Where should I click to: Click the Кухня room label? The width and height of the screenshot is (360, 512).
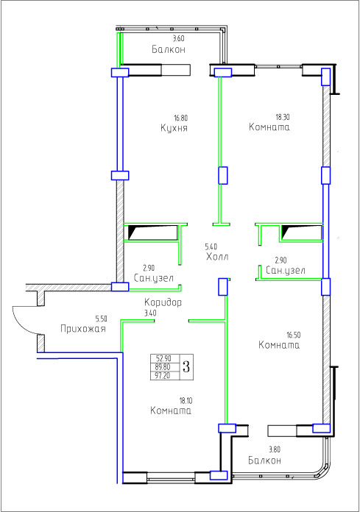(x=174, y=128)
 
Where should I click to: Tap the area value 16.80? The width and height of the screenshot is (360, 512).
(x=180, y=118)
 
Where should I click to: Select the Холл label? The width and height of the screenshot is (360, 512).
(x=217, y=257)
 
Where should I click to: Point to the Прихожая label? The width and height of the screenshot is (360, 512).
(x=83, y=329)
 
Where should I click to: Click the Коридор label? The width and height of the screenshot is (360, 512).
(x=163, y=302)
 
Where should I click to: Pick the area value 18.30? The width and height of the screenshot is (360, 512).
(x=283, y=116)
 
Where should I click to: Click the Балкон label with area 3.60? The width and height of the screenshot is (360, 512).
(x=169, y=49)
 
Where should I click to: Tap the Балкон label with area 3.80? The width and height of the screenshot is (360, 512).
(x=264, y=461)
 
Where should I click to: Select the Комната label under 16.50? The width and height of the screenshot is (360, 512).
(x=279, y=345)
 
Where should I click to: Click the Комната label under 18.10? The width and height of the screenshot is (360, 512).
(x=171, y=410)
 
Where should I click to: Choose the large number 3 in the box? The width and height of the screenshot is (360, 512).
(x=186, y=366)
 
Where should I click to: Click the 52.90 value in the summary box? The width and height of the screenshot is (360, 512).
(x=163, y=358)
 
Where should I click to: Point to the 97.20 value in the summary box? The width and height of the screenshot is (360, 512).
(x=163, y=375)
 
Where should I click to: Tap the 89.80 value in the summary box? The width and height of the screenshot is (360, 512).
(x=163, y=367)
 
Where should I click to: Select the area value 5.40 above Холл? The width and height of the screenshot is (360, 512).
(x=211, y=246)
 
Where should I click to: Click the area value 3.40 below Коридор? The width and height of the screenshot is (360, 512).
(x=150, y=313)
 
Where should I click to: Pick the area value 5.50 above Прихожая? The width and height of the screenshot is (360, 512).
(x=101, y=319)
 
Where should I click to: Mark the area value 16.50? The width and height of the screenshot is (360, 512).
(x=294, y=335)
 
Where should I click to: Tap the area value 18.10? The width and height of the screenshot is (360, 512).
(x=186, y=400)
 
